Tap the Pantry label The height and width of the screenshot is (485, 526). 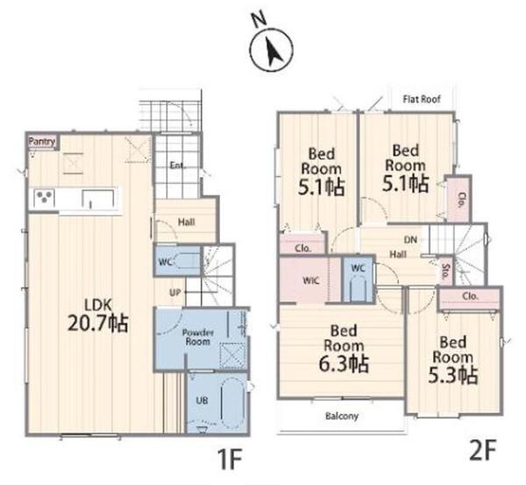[42, 141]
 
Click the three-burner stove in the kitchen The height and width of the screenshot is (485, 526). [45, 198]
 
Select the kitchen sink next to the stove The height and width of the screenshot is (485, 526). [98, 200]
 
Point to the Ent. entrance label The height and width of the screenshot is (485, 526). [177, 165]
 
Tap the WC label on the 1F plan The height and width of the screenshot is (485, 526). [165, 262]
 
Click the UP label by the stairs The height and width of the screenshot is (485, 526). [175, 292]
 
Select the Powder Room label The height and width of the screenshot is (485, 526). [198, 337]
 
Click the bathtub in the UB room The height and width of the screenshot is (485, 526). [233, 403]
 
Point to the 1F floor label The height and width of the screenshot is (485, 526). [230, 460]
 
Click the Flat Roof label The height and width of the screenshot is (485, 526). [422, 99]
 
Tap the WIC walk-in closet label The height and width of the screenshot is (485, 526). [311, 281]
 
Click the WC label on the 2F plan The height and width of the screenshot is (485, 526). [358, 268]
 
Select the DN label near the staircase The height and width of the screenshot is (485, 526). [410, 240]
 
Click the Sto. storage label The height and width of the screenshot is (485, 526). [445, 272]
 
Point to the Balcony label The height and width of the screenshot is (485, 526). [342, 416]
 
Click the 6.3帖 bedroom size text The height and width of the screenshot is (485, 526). [344, 364]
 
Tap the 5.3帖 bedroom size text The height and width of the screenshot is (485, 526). [453, 376]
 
